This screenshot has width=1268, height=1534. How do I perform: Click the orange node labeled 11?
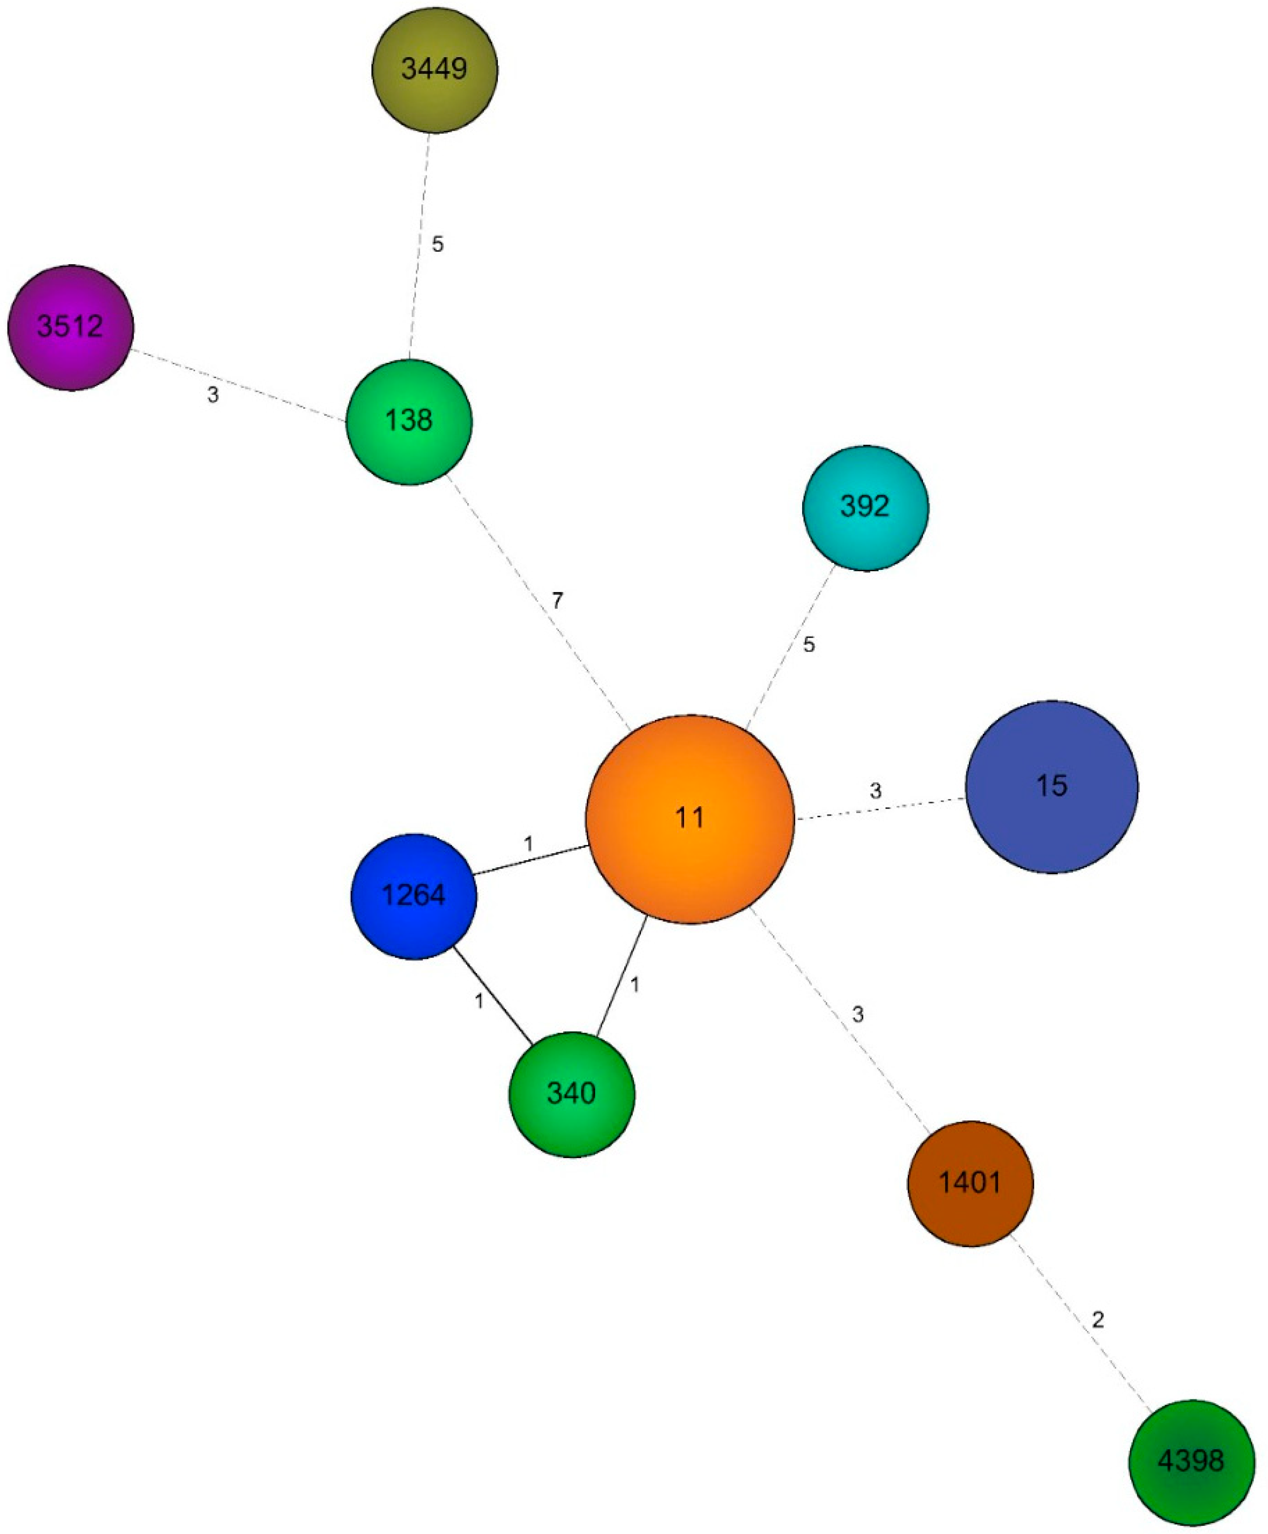click(x=689, y=818)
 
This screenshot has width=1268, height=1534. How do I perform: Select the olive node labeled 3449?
click(x=434, y=69)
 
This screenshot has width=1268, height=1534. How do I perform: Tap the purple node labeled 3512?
click(x=71, y=327)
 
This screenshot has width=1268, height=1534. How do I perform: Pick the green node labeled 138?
click(x=409, y=421)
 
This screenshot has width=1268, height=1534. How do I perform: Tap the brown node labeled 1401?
click(x=970, y=1182)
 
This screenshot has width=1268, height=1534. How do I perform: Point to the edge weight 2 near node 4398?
click(x=1098, y=1319)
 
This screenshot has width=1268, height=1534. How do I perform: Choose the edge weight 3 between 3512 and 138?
click(x=213, y=395)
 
